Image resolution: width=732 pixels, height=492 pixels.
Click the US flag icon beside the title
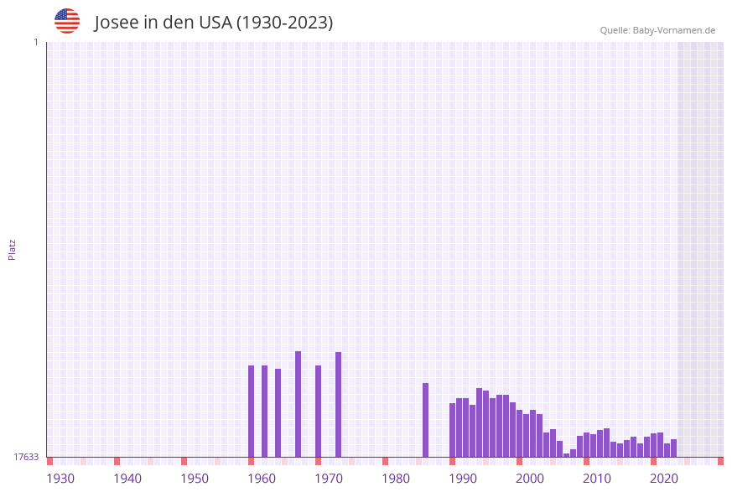[67, 21]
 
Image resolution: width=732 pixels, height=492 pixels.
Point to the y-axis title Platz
[13, 249]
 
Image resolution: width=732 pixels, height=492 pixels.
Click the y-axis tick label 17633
[26, 457]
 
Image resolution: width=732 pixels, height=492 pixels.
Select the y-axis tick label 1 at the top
[35, 42]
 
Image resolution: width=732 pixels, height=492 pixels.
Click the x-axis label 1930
[60, 479]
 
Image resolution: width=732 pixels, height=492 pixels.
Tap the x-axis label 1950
[195, 479]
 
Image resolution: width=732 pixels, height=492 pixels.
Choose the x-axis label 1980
[396, 479]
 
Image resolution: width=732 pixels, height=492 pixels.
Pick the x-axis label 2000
[530, 479]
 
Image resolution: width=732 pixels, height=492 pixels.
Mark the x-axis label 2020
[664, 479]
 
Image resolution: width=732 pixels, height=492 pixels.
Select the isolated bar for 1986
[425, 420]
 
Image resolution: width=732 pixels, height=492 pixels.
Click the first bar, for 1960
[251, 411]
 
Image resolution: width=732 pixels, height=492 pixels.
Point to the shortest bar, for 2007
[566, 455]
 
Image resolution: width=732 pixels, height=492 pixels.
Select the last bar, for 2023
[673, 448]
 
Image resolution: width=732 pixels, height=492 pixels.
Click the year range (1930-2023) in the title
[284, 23]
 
